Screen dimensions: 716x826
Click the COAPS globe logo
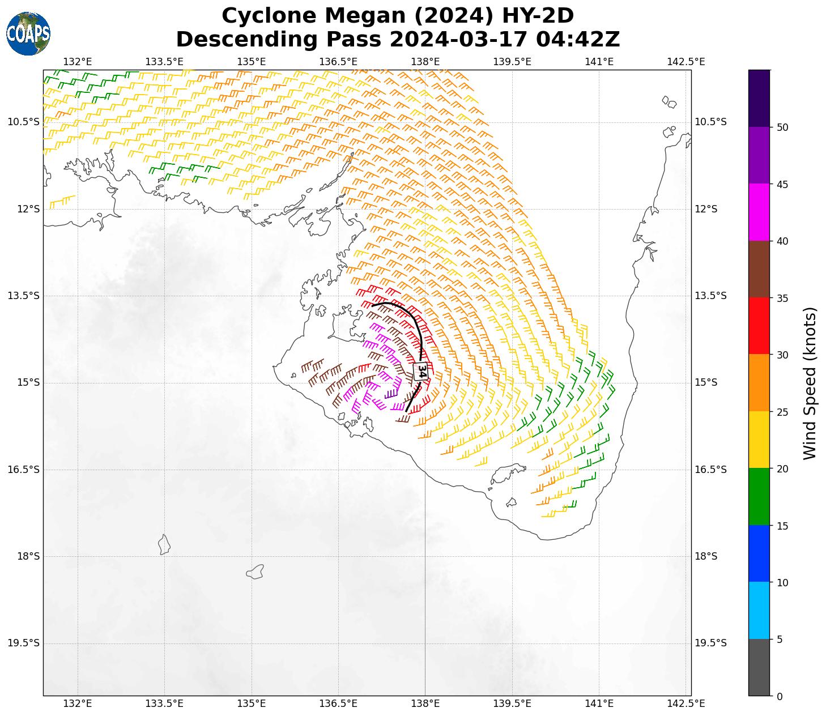28,33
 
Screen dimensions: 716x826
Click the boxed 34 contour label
421,371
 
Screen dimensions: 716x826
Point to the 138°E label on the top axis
425,62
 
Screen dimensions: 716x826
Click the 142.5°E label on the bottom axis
686,704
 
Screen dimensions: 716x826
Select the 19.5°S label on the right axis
710,643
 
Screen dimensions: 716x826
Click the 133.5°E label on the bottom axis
164,704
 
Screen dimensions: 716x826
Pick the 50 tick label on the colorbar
782,127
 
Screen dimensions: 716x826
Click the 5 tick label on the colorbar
780,640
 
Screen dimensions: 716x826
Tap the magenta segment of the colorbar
759,212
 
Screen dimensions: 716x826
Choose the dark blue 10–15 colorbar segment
759,553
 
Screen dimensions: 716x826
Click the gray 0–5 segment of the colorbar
759,667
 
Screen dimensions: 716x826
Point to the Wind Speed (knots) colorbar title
810,383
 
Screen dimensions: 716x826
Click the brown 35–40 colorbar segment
759,269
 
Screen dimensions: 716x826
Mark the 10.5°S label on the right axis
710,122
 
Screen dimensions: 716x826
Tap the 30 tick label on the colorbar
782,355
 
